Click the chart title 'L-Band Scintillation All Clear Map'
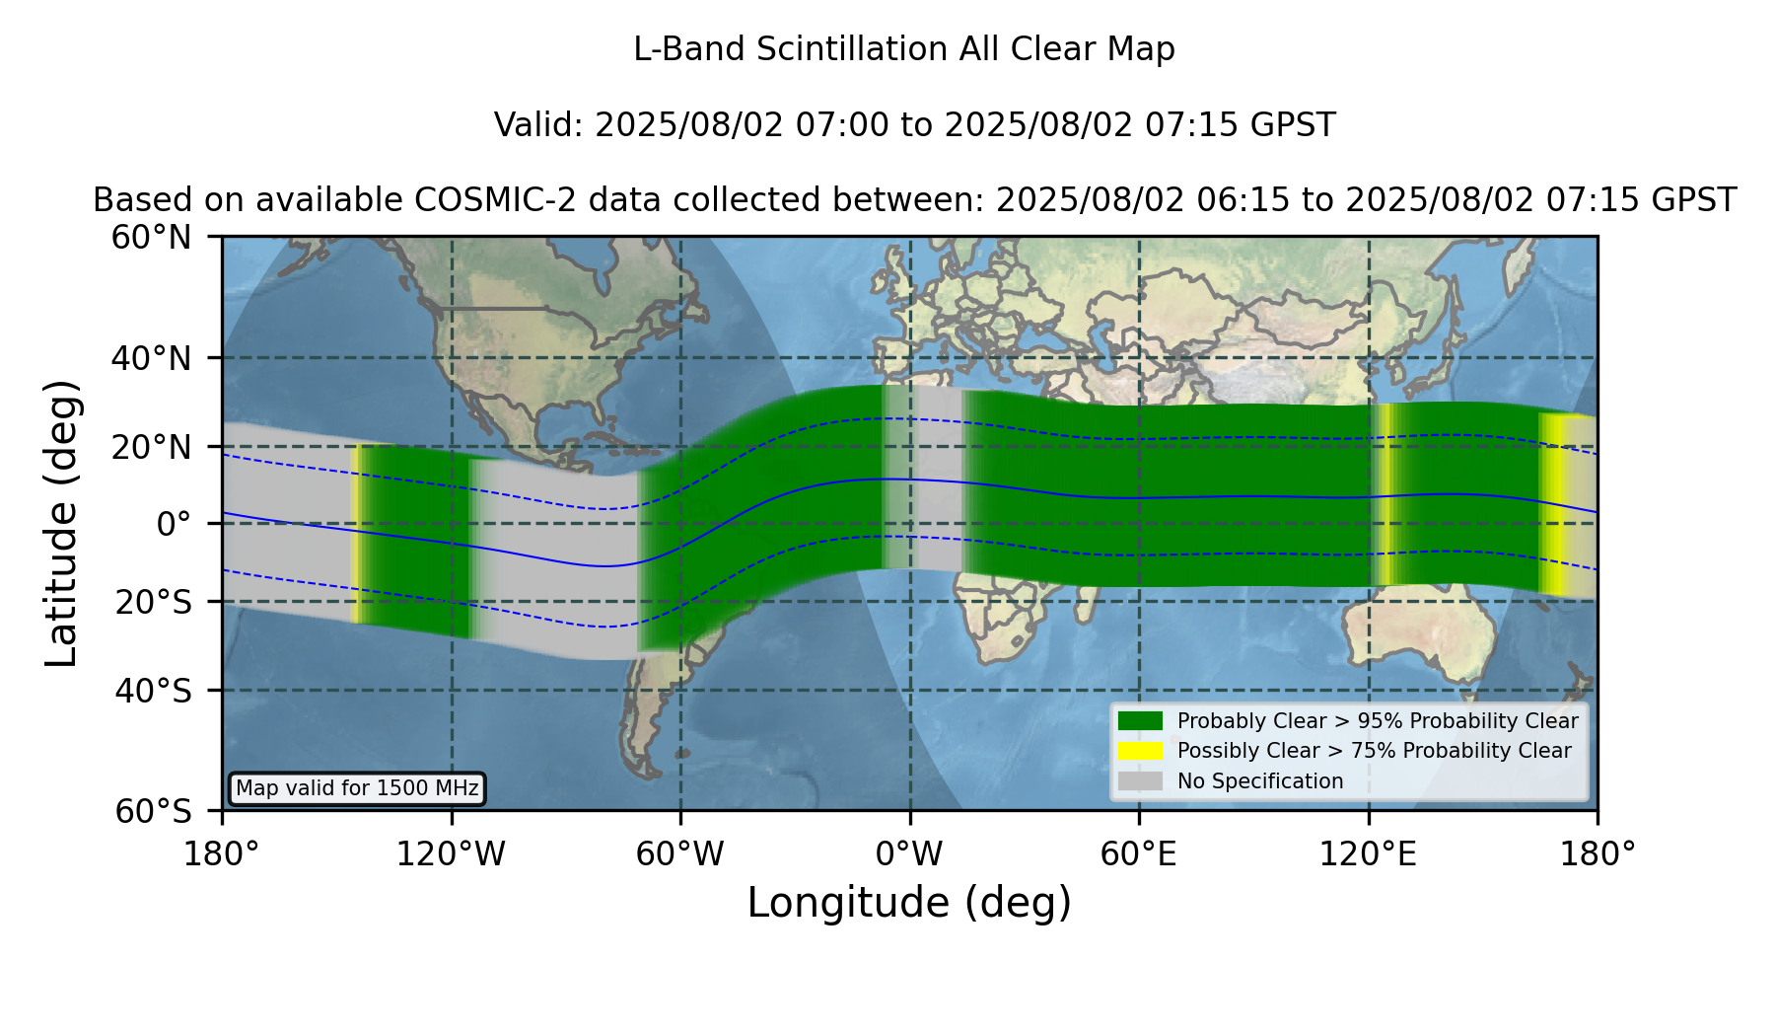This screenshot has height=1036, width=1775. (x=903, y=49)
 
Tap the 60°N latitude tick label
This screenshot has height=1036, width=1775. (x=151, y=238)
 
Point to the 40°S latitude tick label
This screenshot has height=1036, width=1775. (x=153, y=691)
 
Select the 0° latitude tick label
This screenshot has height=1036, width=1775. (x=174, y=524)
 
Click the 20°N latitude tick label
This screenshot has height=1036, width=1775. (x=151, y=447)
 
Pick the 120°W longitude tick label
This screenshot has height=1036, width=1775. (x=451, y=854)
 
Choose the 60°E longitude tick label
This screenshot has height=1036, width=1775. (x=1139, y=854)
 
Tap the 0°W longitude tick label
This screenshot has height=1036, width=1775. (x=909, y=854)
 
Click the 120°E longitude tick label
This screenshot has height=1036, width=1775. (x=1368, y=854)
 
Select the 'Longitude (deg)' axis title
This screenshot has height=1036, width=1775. (x=909, y=903)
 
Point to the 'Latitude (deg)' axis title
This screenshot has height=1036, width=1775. (x=62, y=523)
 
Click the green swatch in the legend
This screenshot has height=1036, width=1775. (x=1140, y=720)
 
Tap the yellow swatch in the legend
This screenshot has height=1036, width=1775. (x=1140, y=751)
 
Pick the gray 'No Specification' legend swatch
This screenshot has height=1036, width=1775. (x=1140, y=781)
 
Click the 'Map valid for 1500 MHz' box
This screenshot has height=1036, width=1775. (x=357, y=788)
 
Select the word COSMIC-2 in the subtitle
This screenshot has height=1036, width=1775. (x=478, y=200)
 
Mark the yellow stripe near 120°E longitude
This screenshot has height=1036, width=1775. (x=1384, y=495)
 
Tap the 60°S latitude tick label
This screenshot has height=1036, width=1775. (x=153, y=812)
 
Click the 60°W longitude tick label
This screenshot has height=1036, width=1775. (x=679, y=854)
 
